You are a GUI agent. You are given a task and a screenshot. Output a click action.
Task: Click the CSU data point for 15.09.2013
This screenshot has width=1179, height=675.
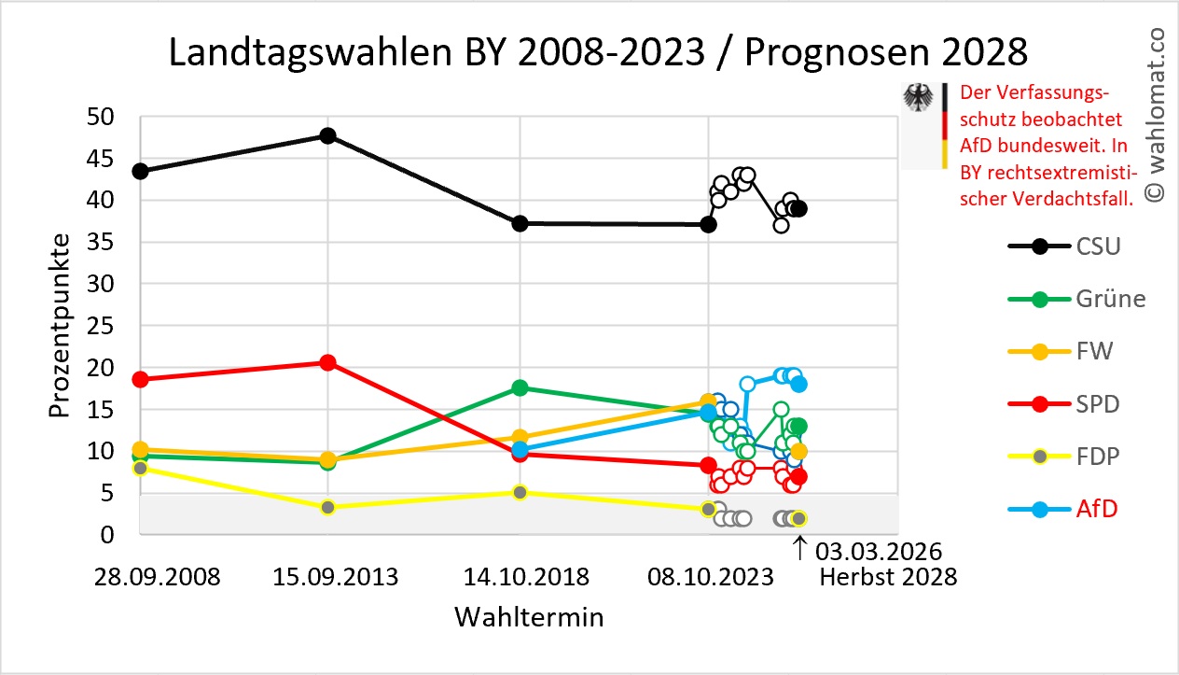coord(327,135)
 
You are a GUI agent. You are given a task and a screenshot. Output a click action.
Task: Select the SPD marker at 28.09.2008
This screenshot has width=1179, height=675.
coord(140,379)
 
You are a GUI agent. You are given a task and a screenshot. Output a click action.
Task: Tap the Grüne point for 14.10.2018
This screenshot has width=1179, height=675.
coord(520,387)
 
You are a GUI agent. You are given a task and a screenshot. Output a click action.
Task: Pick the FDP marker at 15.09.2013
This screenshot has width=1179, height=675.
coord(327,507)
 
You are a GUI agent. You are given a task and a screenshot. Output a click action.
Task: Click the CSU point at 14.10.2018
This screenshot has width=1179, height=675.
coord(520,223)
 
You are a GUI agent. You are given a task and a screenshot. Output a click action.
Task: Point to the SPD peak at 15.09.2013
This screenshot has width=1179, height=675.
coord(327,362)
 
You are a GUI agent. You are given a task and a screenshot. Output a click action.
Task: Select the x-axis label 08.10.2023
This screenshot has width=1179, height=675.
coord(709,577)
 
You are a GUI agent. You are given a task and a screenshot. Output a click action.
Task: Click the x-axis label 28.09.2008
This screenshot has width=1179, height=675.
coord(158,577)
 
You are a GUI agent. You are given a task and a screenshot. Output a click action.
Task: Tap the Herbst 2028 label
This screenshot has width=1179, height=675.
coord(888,577)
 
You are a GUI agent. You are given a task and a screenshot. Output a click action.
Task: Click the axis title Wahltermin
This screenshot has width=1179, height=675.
coord(528,617)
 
